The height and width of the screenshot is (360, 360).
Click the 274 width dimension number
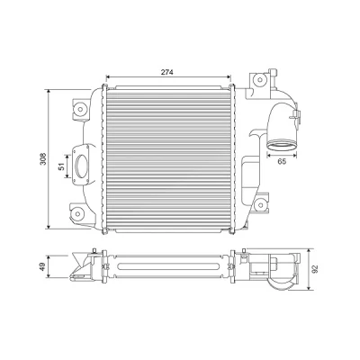pyautogui.click(x=167, y=72)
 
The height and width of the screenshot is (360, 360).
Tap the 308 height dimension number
pyautogui.click(x=43, y=159)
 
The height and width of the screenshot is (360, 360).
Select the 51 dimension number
pyautogui.click(x=61, y=166)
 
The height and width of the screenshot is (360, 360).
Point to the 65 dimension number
pyautogui.click(x=282, y=162)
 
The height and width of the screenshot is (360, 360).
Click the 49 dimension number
pyautogui.click(x=42, y=266)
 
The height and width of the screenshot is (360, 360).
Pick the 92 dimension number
pyautogui.click(x=315, y=269)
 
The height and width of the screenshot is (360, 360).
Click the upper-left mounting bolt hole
pyautogui.click(x=80, y=109)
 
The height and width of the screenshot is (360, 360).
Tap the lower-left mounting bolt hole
pyautogui.click(x=78, y=214)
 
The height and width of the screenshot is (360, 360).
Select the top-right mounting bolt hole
pyautogui.click(x=260, y=79)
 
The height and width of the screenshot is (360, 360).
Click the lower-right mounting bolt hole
pyautogui.click(x=259, y=205)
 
